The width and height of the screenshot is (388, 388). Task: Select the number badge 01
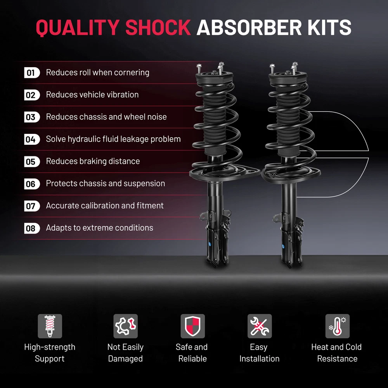[x=31, y=73]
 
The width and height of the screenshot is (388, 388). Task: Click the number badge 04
[x=31, y=139]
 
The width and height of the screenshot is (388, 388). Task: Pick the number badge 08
[x=31, y=228]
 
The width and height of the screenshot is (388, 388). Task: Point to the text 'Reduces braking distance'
[x=93, y=161]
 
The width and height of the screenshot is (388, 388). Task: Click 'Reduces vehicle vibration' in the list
[x=92, y=95]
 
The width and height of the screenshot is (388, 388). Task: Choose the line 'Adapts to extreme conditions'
[x=99, y=228]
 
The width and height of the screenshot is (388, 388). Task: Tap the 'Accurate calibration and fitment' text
[x=105, y=206]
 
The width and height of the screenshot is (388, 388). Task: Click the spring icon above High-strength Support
[x=50, y=326]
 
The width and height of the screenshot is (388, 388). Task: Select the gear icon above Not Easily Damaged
[x=125, y=326]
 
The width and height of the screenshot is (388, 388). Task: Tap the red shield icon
[x=192, y=326]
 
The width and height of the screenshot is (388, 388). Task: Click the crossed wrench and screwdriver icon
[x=260, y=326]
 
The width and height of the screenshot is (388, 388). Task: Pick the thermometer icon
[x=337, y=326]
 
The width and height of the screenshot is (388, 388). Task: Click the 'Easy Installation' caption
[x=259, y=353]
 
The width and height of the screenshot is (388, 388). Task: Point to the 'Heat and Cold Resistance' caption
[x=336, y=353]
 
